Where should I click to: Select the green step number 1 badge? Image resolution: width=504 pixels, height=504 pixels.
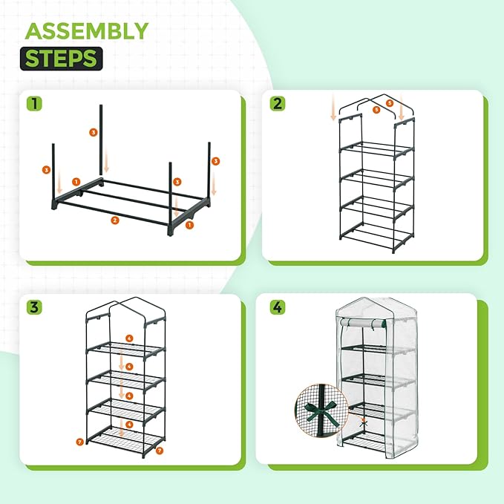click(35, 102)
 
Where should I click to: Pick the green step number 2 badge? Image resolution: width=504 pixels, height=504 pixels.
click(277, 103)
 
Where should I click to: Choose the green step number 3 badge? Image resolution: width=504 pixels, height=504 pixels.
click(35, 307)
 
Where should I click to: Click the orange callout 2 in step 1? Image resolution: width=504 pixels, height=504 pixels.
click(115, 220)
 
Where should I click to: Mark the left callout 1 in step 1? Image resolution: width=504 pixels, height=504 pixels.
click(76, 182)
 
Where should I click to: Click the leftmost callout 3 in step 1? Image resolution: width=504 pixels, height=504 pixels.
click(46, 170)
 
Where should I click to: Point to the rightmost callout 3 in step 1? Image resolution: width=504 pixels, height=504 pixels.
click(215, 160)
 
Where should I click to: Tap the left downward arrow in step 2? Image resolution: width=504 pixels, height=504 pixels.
click(333, 111)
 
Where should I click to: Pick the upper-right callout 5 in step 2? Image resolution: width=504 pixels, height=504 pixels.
click(390, 102)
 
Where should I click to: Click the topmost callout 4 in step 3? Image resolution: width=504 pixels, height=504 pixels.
click(130, 338)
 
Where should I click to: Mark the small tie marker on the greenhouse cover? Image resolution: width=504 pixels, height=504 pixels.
click(364, 421)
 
